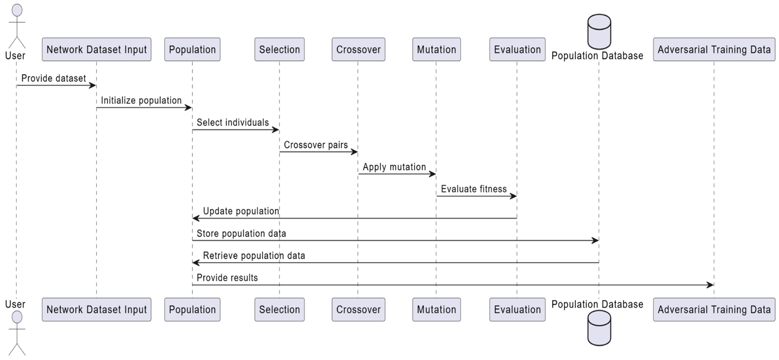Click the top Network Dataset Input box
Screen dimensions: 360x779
click(96, 49)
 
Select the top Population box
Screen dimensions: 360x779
click(192, 49)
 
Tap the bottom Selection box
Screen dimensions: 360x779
click(279, 310)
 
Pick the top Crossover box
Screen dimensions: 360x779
click(358, 49)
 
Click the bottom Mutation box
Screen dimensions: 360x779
click(436, 310)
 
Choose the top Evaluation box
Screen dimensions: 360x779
click(517, 49)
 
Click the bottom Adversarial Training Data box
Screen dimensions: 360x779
click(714, 310)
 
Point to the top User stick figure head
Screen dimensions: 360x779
click(17, 10)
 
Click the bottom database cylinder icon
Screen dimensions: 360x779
click(599, 328)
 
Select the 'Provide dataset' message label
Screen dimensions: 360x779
click(54, 78)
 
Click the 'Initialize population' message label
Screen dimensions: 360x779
click(141, 100)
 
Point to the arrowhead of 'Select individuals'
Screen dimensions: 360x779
click(275, 130)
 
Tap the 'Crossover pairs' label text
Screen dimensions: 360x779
click(316, 145)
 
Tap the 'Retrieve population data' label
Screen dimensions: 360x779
click(254, 256)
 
